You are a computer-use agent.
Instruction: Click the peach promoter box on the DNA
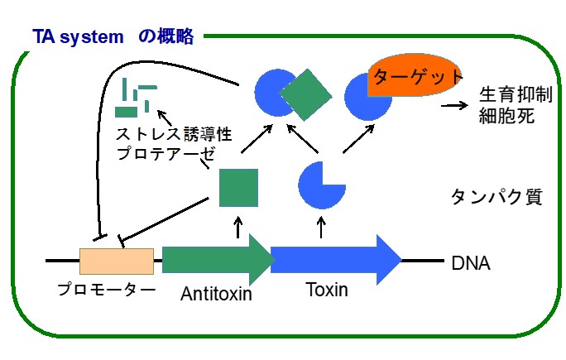[117, 261]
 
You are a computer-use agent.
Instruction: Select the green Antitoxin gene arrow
[217, 260]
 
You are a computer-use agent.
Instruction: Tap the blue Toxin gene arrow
[336, 260]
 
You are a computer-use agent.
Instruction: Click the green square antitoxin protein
[238, 187]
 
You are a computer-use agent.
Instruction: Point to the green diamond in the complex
[305, 94]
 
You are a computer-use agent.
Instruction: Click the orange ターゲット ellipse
[415, 75]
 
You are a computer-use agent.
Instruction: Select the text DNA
[471, 263]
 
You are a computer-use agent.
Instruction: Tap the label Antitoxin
[216, 294]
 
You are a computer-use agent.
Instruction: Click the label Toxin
[327, 290]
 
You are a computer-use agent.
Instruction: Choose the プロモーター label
[107, 290]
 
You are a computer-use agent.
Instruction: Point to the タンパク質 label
[496, 197]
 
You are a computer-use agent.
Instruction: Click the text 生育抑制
[516, 94]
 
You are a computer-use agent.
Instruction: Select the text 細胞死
[506, 116]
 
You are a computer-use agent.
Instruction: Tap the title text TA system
[78, 37]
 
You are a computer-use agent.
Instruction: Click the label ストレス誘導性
[174, 134]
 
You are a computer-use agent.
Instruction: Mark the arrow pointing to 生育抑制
[455, 105]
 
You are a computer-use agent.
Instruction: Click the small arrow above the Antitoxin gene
[237, 228]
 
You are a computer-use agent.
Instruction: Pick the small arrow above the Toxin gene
[321, 228]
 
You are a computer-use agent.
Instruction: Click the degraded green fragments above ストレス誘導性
[136, 98]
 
